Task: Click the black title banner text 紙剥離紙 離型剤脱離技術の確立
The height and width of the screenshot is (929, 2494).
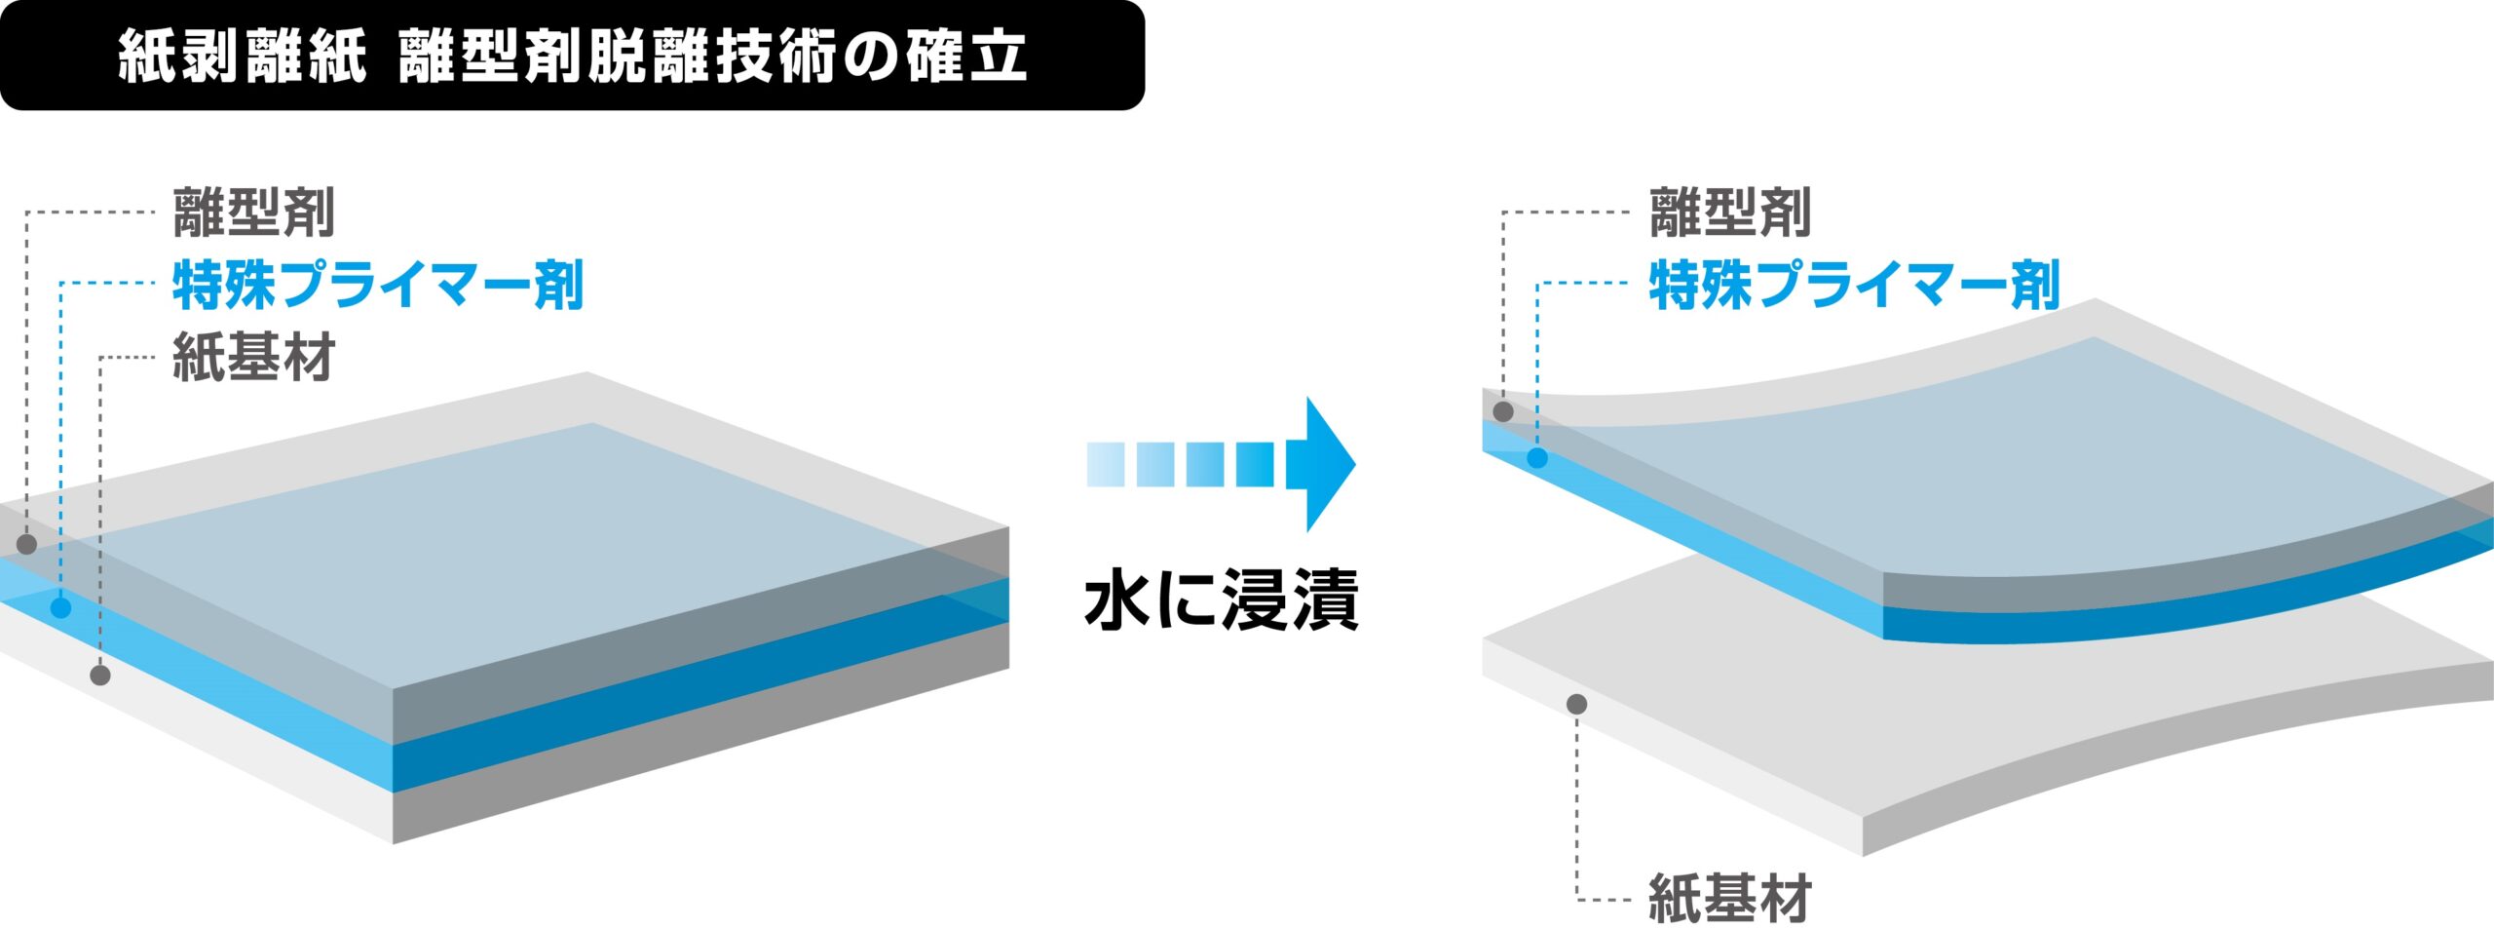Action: (572, 57)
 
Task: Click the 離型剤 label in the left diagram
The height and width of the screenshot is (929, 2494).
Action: (254, 213)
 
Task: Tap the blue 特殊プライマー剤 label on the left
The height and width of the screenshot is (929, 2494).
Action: (378, 285)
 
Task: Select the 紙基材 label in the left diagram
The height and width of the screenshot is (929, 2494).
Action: (254, 357)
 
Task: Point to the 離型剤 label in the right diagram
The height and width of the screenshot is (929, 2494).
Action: (1730, 213)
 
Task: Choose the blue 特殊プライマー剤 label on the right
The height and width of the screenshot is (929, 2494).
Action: (1854, 285)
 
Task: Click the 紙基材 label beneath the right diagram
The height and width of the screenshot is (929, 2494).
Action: (1730, 898)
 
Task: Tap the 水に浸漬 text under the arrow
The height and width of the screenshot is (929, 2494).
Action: (1222, 600)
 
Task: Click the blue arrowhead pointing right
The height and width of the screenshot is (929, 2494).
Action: (1321, 464)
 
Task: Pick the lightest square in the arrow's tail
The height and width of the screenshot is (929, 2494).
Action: (1106, 464)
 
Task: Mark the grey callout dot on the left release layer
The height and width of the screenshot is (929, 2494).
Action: (27, 544)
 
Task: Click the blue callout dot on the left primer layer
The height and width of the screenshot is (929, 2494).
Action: (60, 608)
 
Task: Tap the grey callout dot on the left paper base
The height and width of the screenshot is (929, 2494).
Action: (100, 675)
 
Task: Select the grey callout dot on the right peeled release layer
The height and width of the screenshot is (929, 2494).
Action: (1503, 411)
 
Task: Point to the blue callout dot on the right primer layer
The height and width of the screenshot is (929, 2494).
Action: (1537, 457)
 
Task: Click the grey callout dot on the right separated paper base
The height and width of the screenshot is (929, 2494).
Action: (1577, 704)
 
